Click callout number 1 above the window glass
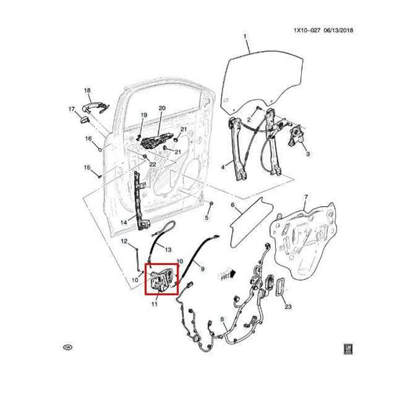tap(244, 37)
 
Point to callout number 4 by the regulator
tap(223, 167)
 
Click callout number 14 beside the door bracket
tap(124, 223)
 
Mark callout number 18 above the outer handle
tap(87, 91)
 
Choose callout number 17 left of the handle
tap(70, 109)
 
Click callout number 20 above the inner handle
tap(162, 107)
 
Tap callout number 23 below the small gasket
tap(288, 307)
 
